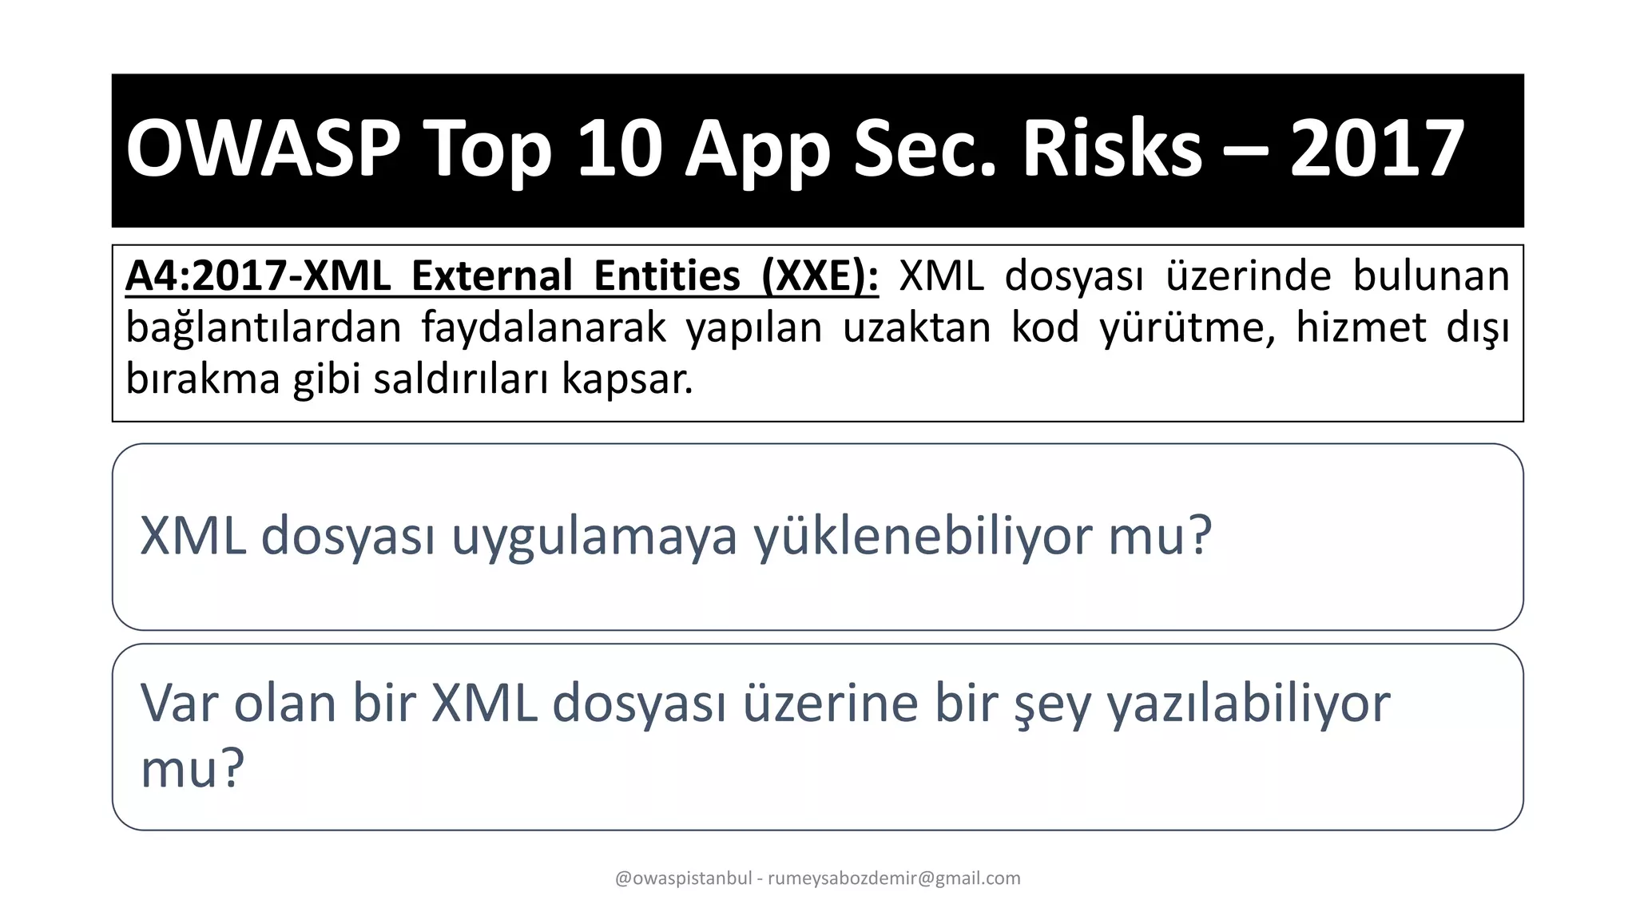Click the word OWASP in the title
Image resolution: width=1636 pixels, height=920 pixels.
click(263, 149)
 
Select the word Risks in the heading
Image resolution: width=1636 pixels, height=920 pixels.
click(1112, 149)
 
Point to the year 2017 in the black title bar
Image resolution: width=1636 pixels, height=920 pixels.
click(1376, 149)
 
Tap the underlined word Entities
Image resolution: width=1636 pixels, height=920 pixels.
click(667, 276)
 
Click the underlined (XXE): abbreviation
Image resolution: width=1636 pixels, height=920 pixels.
click(820, 276)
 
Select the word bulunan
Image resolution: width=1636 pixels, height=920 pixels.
click(1431, 276)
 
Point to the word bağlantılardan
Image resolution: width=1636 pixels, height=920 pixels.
click(264, 328)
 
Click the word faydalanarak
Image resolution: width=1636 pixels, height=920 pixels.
click(543, 328)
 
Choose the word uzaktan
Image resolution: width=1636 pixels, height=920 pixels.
click(917, 328)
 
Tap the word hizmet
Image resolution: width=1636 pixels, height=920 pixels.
click(1360, 328)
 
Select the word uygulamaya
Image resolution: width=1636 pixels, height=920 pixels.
click(594, 537)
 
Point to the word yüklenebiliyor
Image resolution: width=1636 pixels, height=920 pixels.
click(922, 537)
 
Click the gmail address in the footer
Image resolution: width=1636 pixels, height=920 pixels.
click(894, 878)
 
